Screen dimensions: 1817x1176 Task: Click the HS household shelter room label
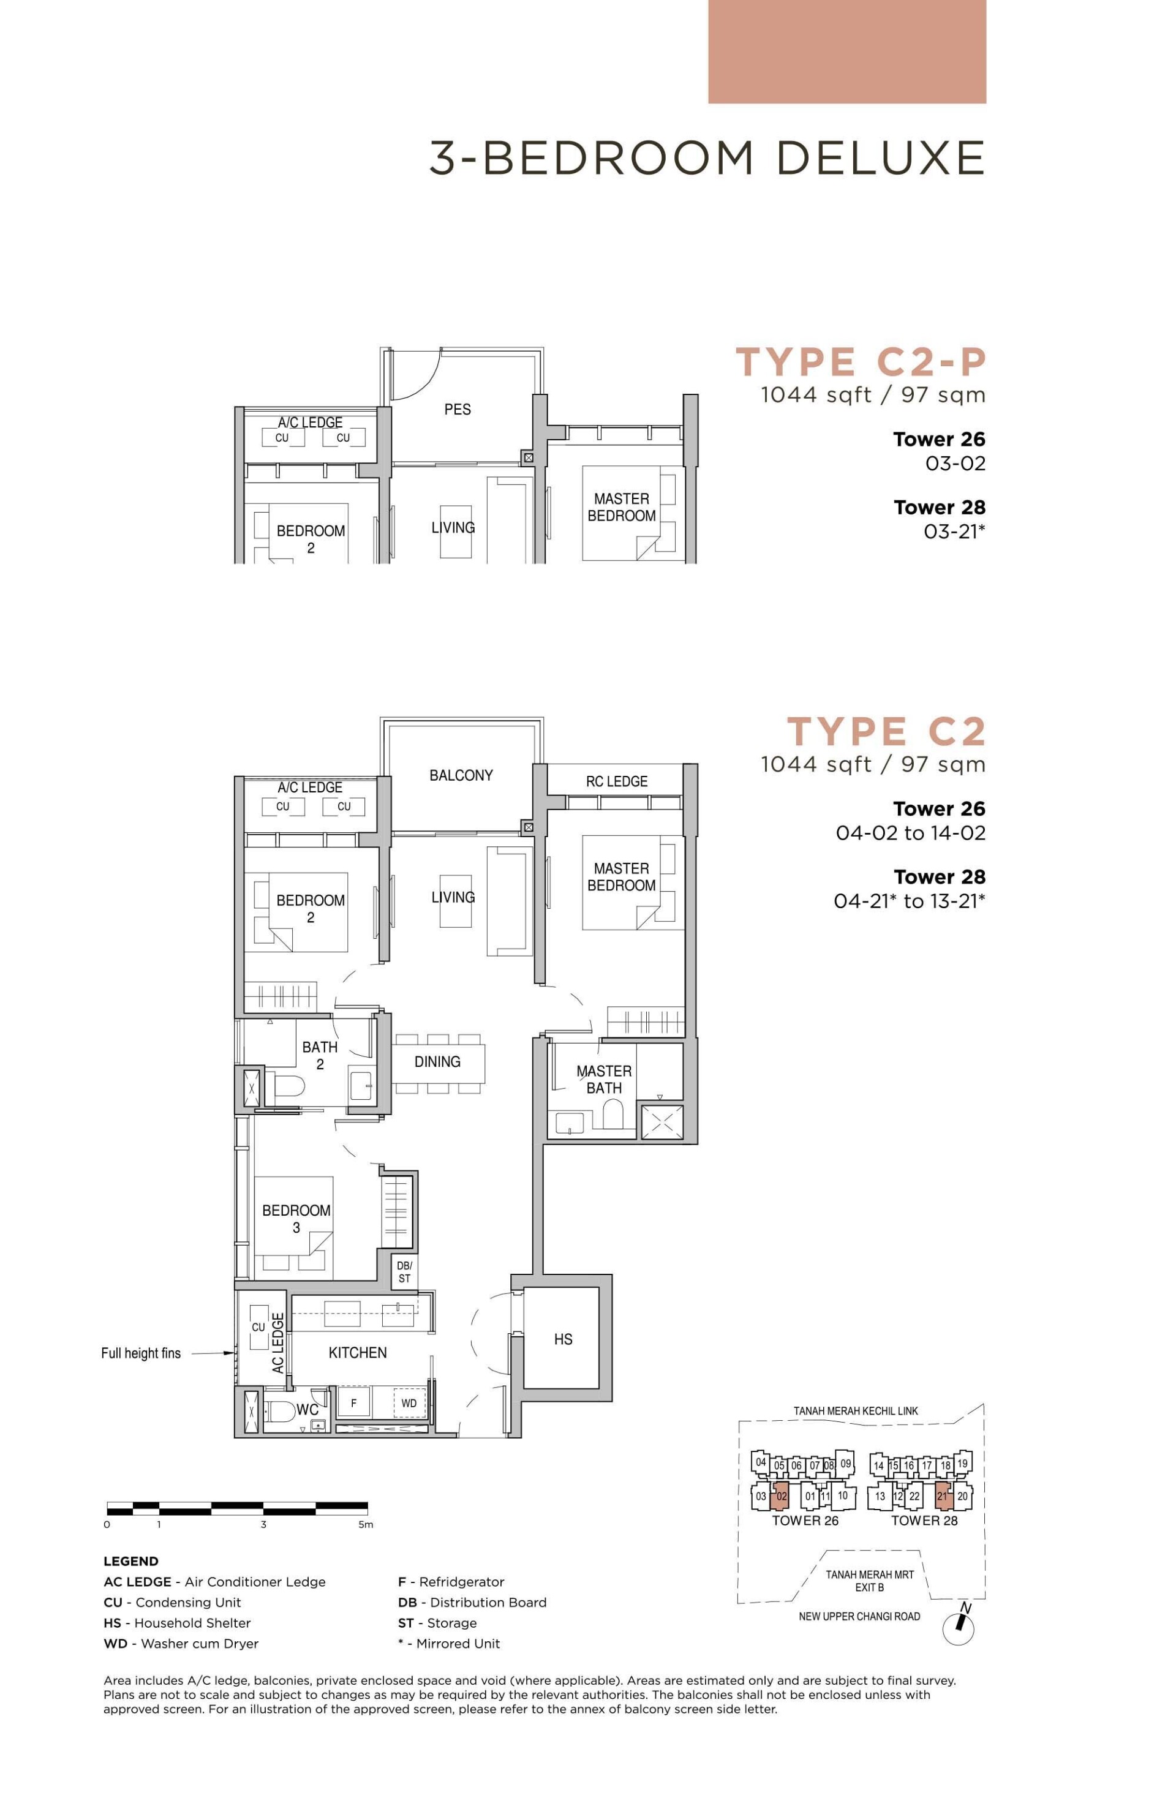(x=563, y=1339)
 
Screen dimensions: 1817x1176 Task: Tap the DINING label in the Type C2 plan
(x=437, y=1061)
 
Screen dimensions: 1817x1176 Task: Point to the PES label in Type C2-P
(x=458, y=409)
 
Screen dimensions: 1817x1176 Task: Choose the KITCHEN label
(x=357, y=1352)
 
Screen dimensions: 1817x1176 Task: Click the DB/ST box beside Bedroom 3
(x=404, y=1272)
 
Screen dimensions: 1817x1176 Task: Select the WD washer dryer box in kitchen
(x=409, y=1402)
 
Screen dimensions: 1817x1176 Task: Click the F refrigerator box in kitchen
(x=353, y=1402)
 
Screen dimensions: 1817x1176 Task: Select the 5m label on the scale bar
(x=366, y=1525)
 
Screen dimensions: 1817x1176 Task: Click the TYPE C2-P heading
(x=861, y=362)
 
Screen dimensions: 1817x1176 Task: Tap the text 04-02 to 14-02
(x=910, y=833)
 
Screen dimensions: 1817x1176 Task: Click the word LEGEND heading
(x=130, y=1561)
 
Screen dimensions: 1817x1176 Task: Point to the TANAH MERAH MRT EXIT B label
(x=869, y=1581)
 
